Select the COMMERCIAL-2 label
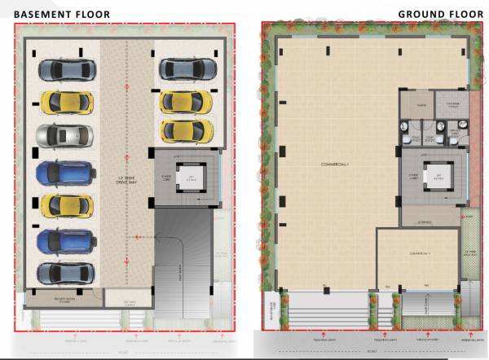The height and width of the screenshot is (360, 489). (416, 254)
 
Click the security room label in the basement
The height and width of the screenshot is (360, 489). (61, 300)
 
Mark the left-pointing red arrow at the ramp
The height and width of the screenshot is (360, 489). (139, 236)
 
